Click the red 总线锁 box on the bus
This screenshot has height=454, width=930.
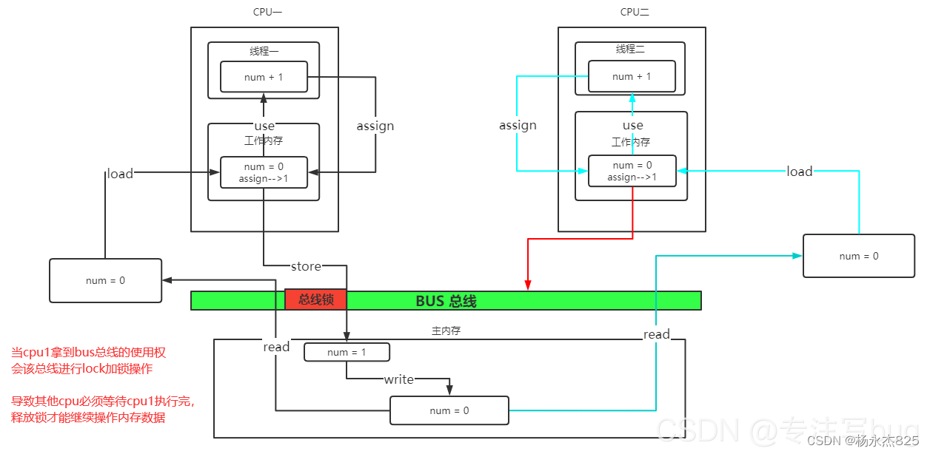pyautogui.click(x=315, y=299)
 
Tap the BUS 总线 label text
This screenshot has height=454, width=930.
pyautogui.click(x=446, y=301)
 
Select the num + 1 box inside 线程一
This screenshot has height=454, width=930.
pyautogui.click(x=264, y=77)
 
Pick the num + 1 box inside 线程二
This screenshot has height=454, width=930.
pyautogui.click(x=632, y=76)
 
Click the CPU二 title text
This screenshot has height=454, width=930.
pyautogui.click(x=635, y=12)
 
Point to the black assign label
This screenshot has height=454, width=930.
pyautogui.click(x=375, y=126)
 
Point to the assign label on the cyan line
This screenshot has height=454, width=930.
pyautogui.click(x=518, y=125)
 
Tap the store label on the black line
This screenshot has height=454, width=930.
pyautogui.click(x=306, y=266)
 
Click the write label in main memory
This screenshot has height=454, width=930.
pyautogui.click(x=398, y=379)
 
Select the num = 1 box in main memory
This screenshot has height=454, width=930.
pyautogui.click(x=347, y=352)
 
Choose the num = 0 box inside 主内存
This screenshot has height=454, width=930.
pyautogui.click(x=449, y=410)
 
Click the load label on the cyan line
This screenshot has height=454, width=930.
pyautogui.click(x=800, y=172)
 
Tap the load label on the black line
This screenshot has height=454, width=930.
pyautogui.click(x=120, y=174)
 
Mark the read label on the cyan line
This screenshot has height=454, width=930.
pyautogui.click(x=657, y=334)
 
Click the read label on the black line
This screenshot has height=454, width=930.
pyautogui.click(x=276, y=347)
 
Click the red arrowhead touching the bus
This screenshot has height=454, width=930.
pyautogui.click(x=528, y=285)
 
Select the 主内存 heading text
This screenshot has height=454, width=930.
pyautogui.click(x=446, y=331)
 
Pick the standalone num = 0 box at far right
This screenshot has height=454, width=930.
pyautogui.click(x=859, y=256)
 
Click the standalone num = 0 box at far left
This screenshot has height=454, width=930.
pyautogui.click(x=105, y=280)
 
